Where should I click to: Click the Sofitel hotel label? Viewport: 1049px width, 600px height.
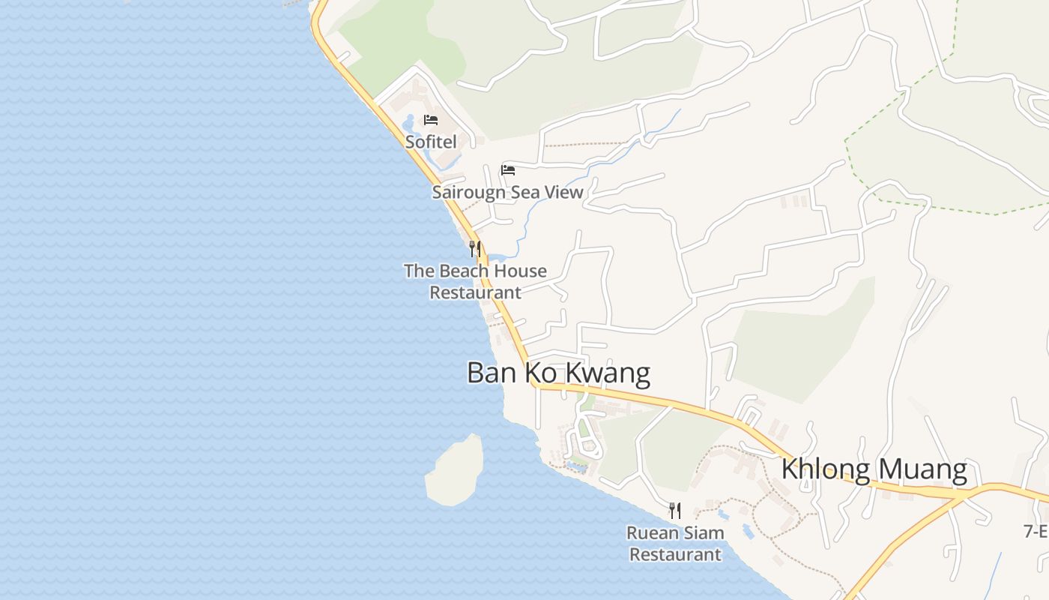431,141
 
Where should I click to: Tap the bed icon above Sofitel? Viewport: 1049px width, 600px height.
431,120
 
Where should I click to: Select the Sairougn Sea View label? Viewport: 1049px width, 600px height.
507,192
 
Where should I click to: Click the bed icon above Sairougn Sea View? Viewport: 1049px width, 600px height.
508,169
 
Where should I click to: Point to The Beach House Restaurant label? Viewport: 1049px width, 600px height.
475,281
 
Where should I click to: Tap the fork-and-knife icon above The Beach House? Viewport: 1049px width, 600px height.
475,248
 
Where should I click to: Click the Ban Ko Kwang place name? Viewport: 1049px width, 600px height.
558,373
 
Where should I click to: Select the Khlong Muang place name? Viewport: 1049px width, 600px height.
874,469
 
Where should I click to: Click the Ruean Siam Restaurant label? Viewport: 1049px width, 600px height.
675,544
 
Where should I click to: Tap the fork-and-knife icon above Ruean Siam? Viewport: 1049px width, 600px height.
675,511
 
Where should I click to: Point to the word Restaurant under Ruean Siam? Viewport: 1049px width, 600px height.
675,555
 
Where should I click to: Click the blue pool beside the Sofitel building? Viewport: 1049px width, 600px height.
410,122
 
